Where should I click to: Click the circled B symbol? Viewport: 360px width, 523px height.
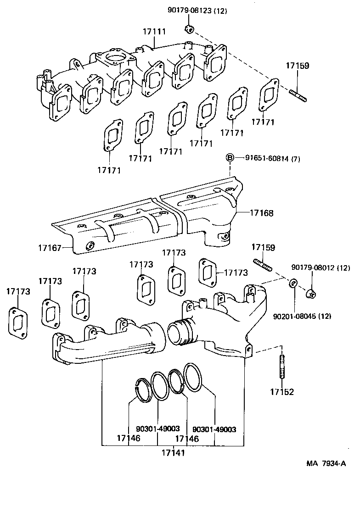pyautogui.click(x=230, y=158)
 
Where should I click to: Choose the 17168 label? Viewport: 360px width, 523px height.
pyautogui.click(x=262, y=213)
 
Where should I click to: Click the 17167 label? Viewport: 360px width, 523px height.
pyautogui.click(x=50, y=248)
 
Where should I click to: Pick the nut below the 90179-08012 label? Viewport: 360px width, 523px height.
pyautogui.click(x=310, y=293)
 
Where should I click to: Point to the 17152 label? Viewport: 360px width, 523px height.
pyautogui.click(x=281, y=392)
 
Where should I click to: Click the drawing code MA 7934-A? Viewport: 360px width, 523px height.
pyautogui.click(x=326, y=463)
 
